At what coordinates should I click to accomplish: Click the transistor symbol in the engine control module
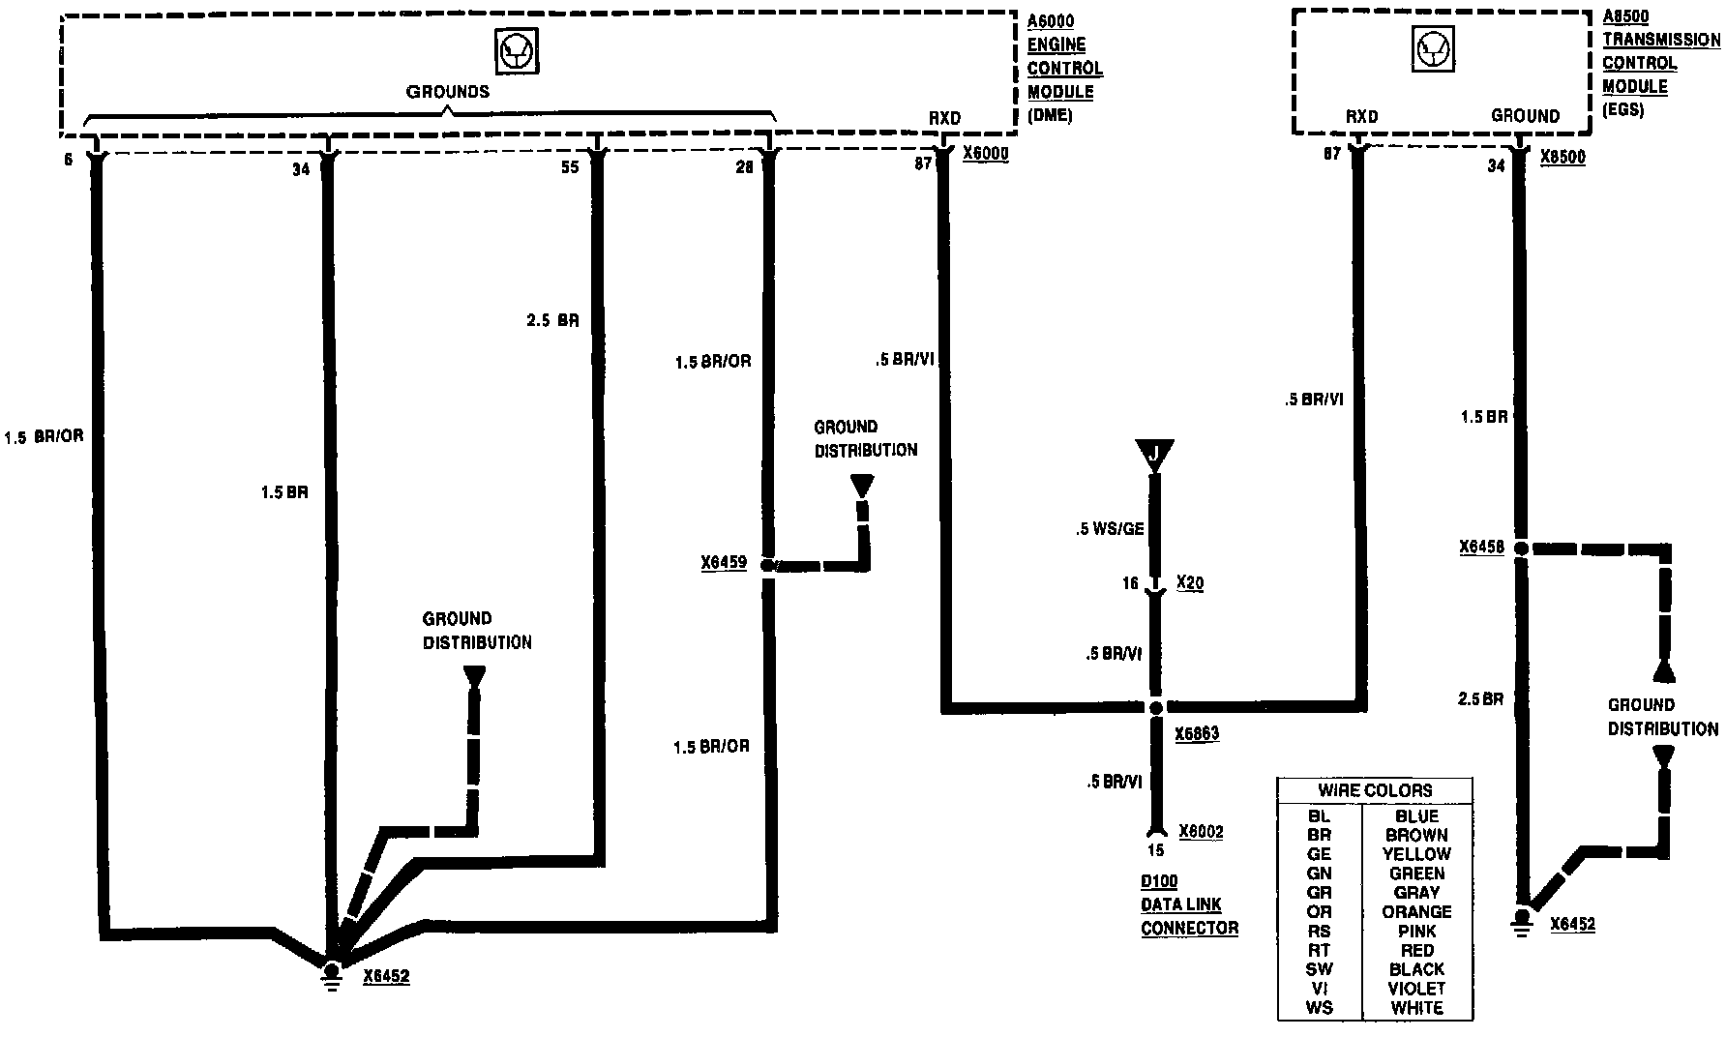pyautogui.click(x=516, y=51)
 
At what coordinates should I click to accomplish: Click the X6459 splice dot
pyautogui.click(x=768, y=564)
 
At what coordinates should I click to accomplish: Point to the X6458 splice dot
pyautogui.click(x=1520, y=548)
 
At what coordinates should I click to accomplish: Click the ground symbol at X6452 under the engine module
pyautogui.click(x=332, y=973)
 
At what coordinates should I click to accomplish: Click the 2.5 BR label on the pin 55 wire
pyautogui.click(x=552, y=320)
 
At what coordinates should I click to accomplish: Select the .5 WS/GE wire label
pyautogui.click(x=1109, y=529)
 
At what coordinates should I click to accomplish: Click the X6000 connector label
pyautogui.click(x=985, y=155)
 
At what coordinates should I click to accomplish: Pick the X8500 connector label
pyautogui.click(x=1562, y=157)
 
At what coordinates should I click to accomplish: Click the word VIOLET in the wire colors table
pyautogui.click(x=1416, y=989)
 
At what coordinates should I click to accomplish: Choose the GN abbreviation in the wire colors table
pyautogui.click(x=1319, y=874)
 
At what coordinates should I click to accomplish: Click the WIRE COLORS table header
pyautogui.click(x=1375, y=790)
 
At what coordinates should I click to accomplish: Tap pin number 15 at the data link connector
pyautogui.click(x=1154, y=851)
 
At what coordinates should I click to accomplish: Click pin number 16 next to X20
pyautogui.click(x=1130, y=583)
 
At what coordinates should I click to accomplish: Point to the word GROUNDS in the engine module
pyautogui.click(x=447, y=92)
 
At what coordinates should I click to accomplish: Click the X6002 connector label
pyautogui.click(x=1201, y=832)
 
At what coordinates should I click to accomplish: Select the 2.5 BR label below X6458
pyautogui.click(x=1480, y=698)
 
